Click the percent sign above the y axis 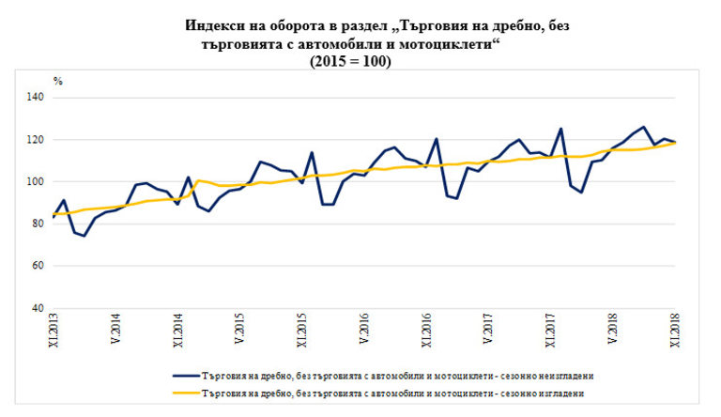[x=57, y=81]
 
